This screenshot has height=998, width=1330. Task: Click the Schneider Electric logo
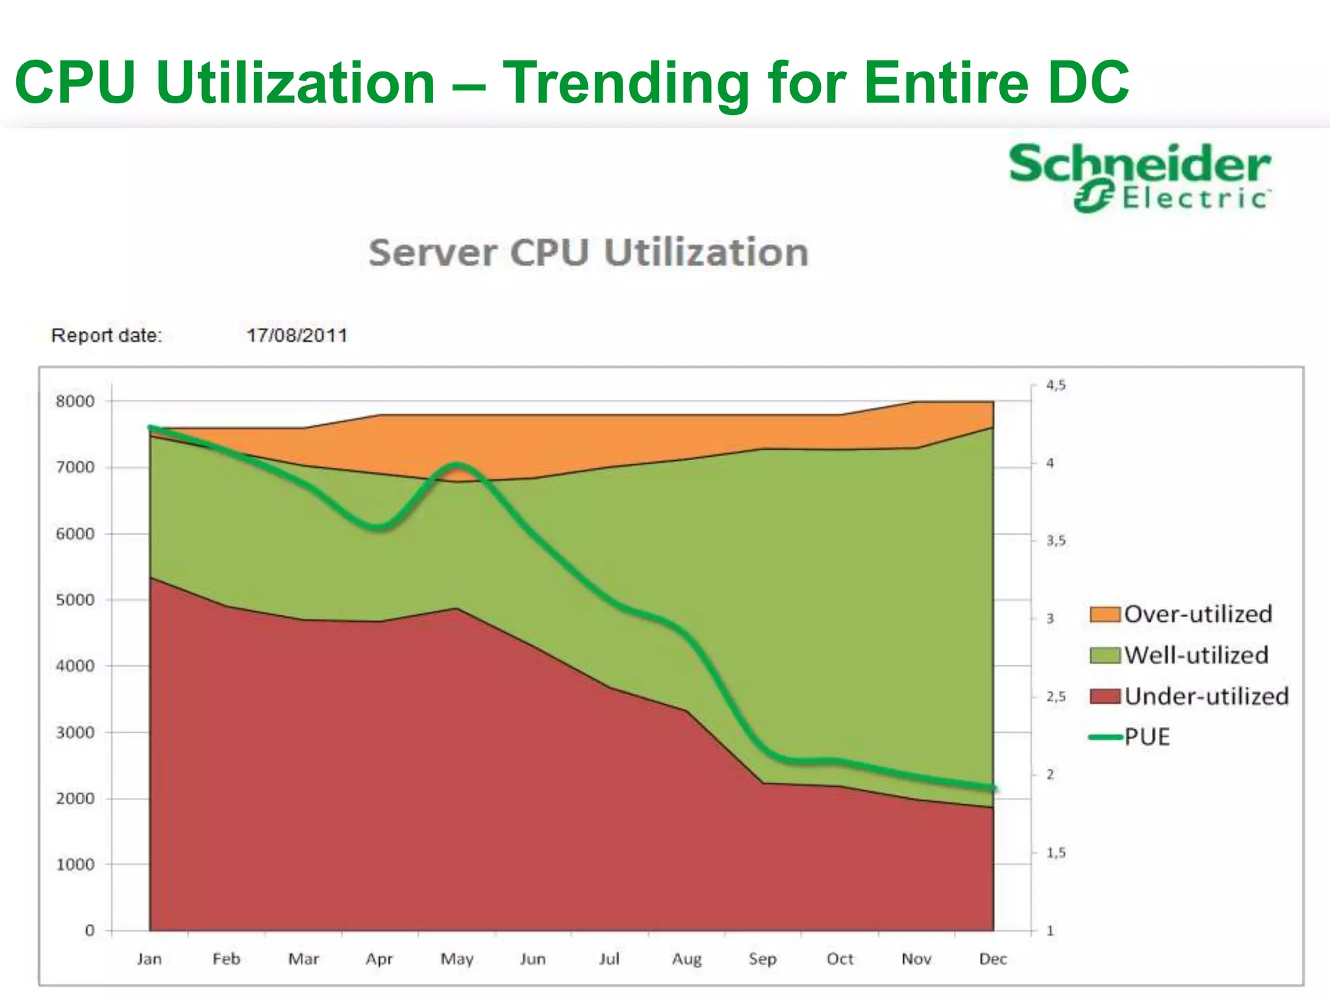[1140, 177]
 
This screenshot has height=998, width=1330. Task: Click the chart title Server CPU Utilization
[588, 253]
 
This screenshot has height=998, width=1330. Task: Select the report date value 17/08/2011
[297, 336]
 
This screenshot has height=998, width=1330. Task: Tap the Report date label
[107, 336]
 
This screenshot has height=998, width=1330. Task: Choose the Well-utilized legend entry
[1180, 655]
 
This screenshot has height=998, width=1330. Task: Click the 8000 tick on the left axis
[75, 402]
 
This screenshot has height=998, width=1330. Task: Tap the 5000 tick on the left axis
[75, 600]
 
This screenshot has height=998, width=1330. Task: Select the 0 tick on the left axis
[90, 930]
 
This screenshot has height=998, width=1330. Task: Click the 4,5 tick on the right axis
[1055, 385]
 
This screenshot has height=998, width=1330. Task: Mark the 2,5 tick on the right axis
[1055, 697]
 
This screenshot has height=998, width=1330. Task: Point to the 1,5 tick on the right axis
[1055, 852]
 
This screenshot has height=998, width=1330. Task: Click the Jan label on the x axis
[149, 959]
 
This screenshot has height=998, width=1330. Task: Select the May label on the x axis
[457, 959]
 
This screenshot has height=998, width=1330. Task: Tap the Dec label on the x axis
[993, 959]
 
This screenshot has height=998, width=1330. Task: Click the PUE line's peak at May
[458, 465]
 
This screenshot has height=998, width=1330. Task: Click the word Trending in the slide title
[627, 83]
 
